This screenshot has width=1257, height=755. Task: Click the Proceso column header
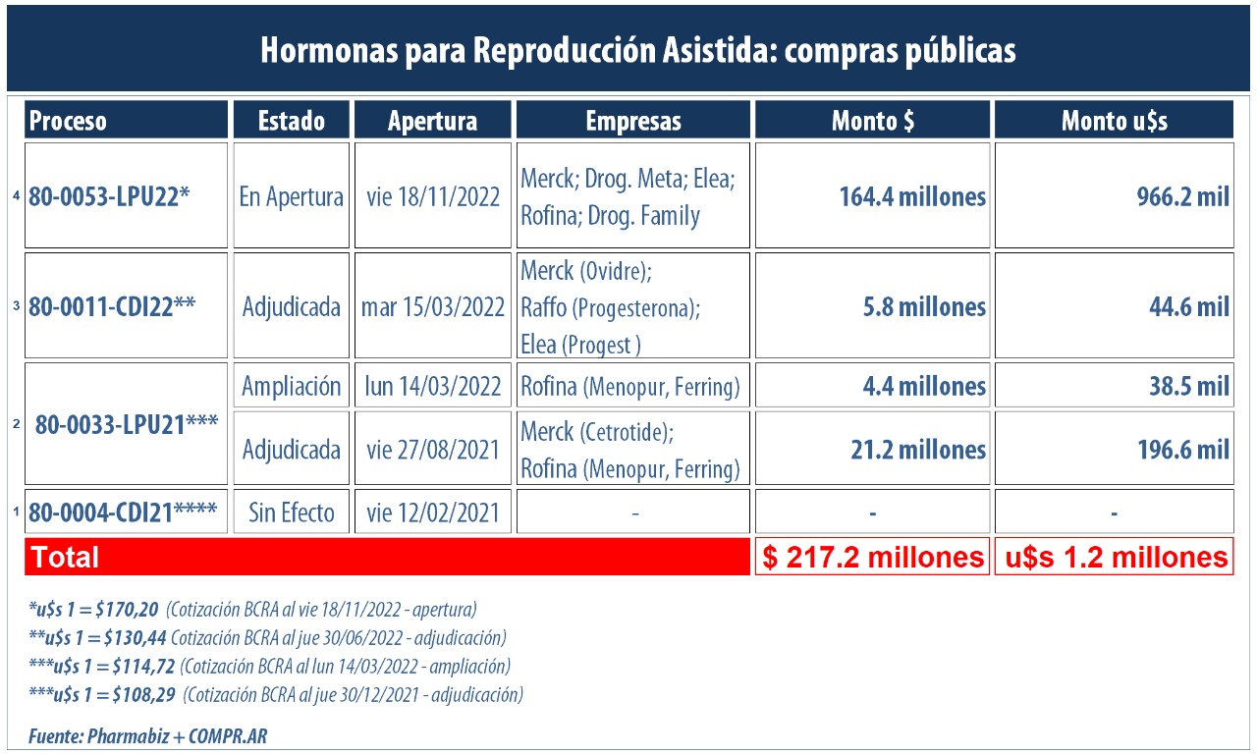(126, 120)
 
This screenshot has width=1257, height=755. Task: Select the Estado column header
(291, 120)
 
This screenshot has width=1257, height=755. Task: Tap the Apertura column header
(432, 120)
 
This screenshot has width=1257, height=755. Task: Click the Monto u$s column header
(1114, 120)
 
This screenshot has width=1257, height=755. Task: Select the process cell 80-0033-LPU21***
(126, 424)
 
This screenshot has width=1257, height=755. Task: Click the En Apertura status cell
(291, 195)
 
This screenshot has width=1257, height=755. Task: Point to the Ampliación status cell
(291, 386)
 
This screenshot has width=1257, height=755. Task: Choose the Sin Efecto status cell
(291, 512)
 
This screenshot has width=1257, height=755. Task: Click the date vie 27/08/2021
(432, 449)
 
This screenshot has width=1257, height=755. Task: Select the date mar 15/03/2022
(432, 305)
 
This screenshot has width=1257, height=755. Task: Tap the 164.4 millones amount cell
(872, 196)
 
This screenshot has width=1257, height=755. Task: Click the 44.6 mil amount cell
(1114, 306)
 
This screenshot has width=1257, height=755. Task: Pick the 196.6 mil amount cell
(1114, 449)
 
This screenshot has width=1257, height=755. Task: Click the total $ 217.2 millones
(872, 557)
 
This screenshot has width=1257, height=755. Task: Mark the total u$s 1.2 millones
(1114, 557)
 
